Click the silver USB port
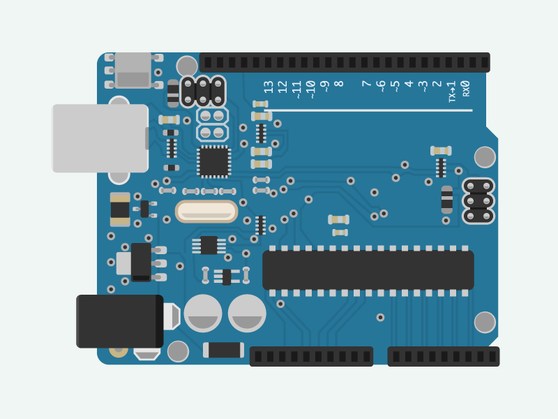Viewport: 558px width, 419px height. (100, 138)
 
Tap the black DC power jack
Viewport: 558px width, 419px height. (119, 321)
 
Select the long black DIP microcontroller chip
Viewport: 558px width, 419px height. (368, 270)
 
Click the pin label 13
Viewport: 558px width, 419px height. (269, 87)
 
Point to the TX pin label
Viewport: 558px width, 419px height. (452, 91)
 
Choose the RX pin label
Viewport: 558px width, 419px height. (466, 88)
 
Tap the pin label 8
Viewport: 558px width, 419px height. (339, 84)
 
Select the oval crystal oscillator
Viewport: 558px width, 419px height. (206, 211)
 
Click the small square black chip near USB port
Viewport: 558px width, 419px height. (214, 161)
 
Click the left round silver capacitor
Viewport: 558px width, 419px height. (203, 313)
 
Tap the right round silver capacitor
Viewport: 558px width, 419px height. (247, 313)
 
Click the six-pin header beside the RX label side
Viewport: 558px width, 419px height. (478, 201)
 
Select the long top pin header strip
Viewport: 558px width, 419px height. (345, 62)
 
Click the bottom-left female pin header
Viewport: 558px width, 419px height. (311, 356)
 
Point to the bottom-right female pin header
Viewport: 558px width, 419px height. (444, 356)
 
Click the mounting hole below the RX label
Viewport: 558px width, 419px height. (485, 157)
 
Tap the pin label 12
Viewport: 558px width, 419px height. (282, 87)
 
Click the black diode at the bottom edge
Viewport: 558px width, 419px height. (223, 350)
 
